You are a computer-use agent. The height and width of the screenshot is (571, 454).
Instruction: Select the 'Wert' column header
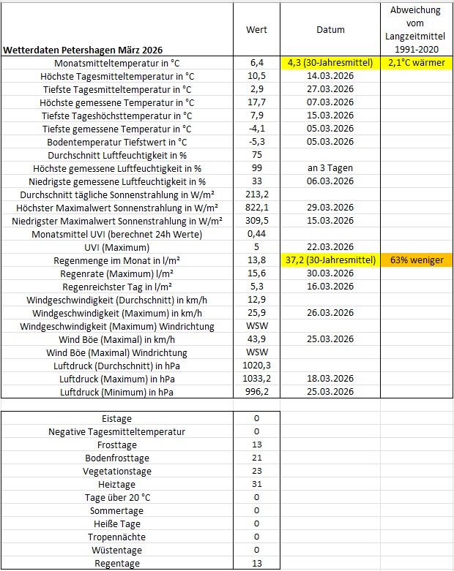256,30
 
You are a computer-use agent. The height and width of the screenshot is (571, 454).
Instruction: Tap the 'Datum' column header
330,30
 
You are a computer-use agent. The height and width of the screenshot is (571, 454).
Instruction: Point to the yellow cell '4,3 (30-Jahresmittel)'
330,63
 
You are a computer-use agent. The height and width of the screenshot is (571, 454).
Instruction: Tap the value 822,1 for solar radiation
256,208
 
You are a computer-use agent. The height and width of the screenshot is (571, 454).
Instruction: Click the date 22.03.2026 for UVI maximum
330,247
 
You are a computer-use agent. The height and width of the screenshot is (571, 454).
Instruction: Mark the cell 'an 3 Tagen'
330,168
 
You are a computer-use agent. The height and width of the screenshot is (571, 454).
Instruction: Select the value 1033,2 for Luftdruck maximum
256,379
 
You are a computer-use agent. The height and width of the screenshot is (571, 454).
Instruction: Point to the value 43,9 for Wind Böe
256,339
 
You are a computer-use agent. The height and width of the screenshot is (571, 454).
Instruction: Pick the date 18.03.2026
330,379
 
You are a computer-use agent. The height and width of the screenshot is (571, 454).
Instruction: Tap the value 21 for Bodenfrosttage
256,458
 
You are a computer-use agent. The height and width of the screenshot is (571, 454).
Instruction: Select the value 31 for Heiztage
256,485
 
